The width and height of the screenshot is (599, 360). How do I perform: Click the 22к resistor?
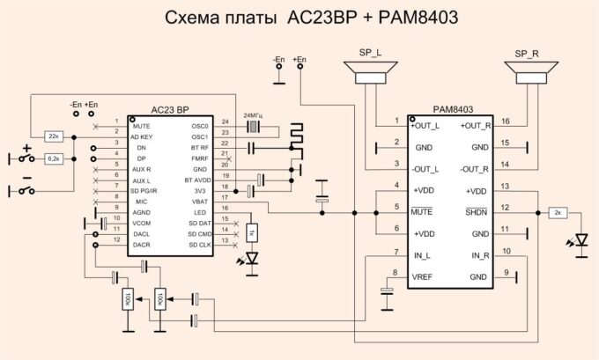pos(53,137)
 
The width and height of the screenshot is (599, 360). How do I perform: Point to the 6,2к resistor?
pos(53,158)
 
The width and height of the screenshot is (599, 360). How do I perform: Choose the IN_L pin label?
pos(423,255)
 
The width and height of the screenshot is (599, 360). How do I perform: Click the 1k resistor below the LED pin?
pos(250,232)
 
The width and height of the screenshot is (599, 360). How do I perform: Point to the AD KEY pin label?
pos(143,137)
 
